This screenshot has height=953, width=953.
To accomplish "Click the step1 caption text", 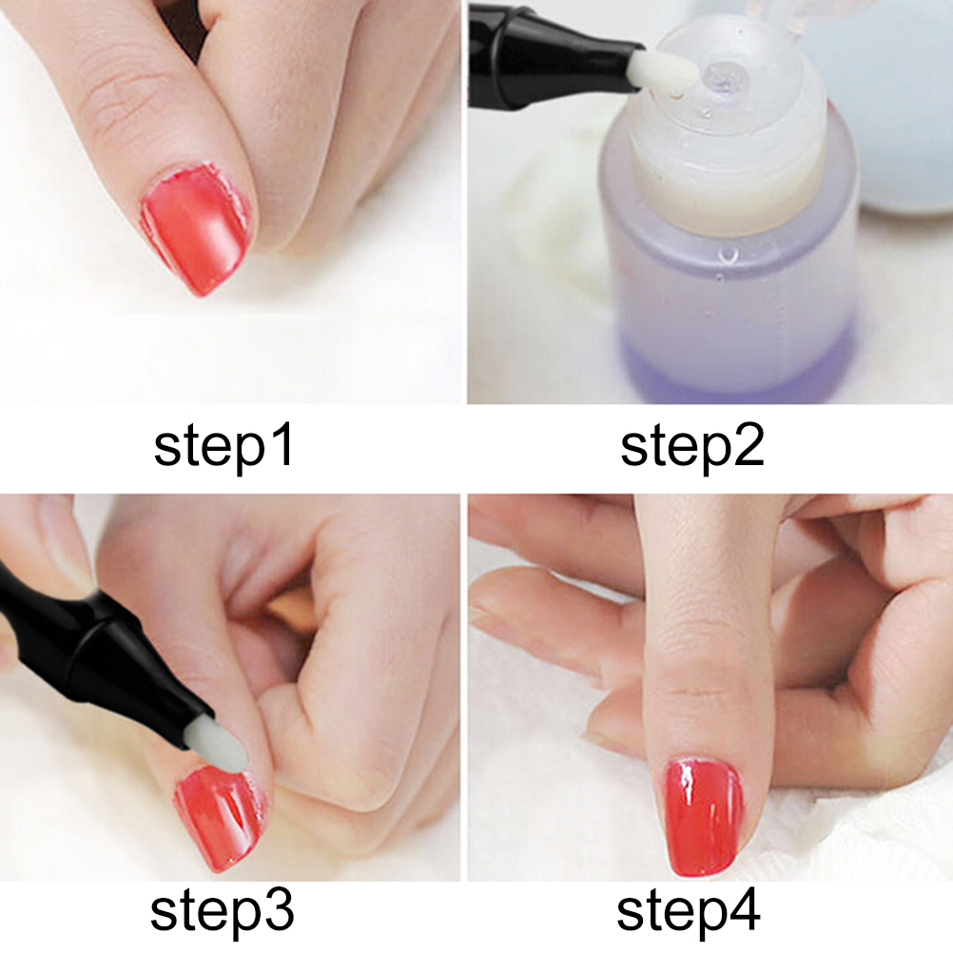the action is click(224, 448).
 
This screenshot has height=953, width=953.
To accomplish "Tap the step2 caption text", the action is click(692, 448).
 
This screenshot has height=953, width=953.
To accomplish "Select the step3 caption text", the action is click(223, 912).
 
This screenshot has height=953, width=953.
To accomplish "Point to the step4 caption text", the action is click(689, 912).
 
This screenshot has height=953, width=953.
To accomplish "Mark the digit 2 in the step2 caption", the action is click(749, 445).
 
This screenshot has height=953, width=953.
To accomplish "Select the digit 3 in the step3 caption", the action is click(279, 910).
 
